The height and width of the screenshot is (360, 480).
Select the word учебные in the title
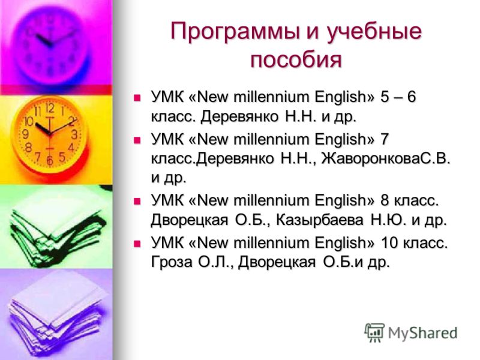(373, 32)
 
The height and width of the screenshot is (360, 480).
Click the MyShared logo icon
(374, 332)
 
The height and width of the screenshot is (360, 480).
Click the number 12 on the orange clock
(50, 108)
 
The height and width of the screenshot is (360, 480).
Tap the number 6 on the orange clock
(50, 160)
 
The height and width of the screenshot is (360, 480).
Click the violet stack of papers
(56, 316)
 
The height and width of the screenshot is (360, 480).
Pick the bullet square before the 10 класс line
(137, 244)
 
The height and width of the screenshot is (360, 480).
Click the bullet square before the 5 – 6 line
(137, 98)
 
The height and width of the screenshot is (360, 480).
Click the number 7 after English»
(385, 140)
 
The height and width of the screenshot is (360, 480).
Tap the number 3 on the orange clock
(74, 134)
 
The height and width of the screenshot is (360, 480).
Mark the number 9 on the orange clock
(26, 134)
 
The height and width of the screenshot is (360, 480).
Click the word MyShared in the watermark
(422, 333)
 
